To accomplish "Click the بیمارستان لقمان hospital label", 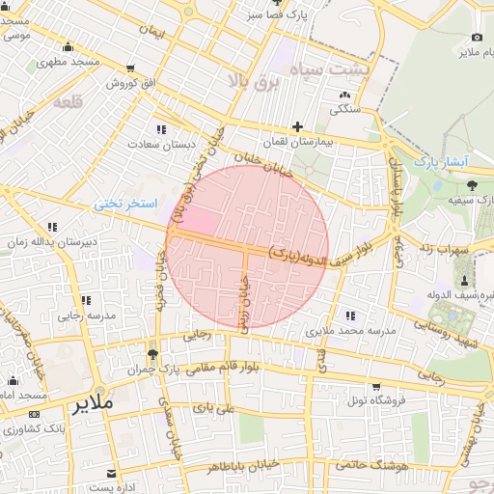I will coord(297,143).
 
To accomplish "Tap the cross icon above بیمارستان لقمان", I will coord(297,126).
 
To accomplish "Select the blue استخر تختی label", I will coord(123,205).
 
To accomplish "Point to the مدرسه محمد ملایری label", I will coord(351,331).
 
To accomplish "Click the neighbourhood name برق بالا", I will coord(252,82).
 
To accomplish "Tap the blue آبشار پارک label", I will coord(441,161).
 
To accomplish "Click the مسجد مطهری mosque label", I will coord(69,62).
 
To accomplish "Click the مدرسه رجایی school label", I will coord(86,315).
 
